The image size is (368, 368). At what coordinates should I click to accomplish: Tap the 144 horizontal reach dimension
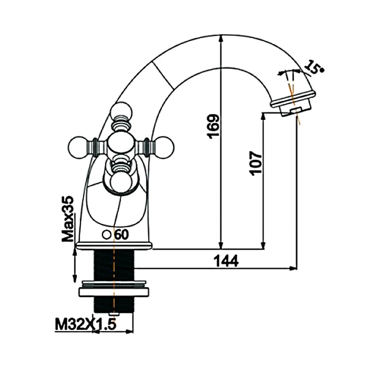click(x=226, y=261)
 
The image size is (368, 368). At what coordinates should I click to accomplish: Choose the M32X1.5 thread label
click(x=86, y=325)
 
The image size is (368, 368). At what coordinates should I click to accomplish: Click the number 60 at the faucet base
click(x=121, y=235)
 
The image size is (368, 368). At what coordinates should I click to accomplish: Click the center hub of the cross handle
click(x=122, y=145)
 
